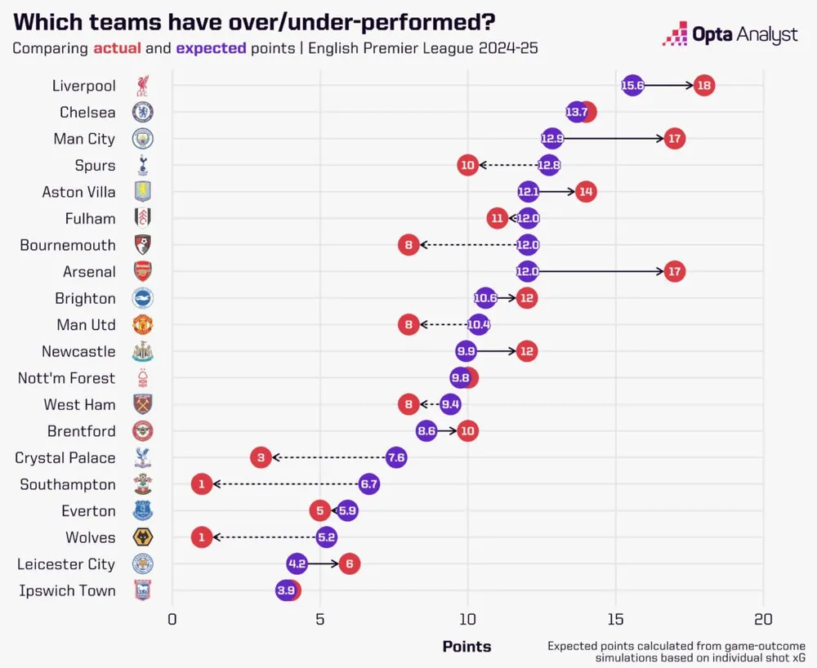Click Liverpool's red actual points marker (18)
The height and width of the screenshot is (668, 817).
point(703,85)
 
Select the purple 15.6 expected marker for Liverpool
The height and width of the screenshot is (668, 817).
point(632,85)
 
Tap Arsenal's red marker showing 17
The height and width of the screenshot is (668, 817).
point(674,271)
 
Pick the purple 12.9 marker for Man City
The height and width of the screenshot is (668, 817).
point(552,139)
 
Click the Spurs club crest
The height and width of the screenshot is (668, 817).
point(143,165)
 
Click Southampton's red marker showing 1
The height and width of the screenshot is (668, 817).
point(202,484)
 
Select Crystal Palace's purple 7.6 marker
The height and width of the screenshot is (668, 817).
point(396,457)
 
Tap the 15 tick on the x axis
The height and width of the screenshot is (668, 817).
point(615,619)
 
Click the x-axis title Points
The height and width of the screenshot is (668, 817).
point(467,647)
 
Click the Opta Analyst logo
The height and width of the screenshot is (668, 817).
point(730,34)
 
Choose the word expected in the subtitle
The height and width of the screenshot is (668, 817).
point(211,48)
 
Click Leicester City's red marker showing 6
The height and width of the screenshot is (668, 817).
point(350,563)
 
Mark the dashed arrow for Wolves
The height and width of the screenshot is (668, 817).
point(266,537)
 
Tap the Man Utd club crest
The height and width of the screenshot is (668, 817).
point(143,324)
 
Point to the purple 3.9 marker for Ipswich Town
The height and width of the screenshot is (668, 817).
point(286,590)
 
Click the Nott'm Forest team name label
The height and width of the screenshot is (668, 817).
point(67,378)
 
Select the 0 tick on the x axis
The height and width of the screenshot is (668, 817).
point(172,619)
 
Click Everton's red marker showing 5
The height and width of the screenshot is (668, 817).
point(319,510)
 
